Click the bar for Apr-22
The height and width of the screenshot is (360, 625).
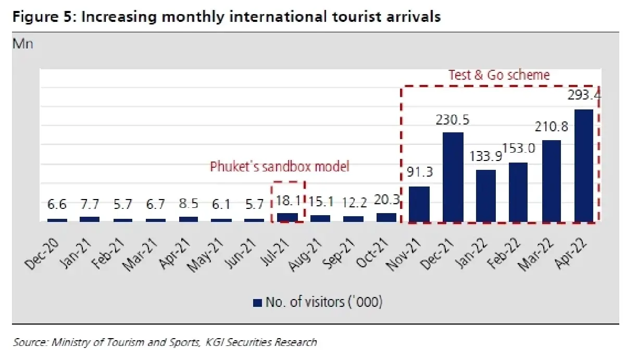[x=584, y=166]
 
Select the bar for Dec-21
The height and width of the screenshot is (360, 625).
[x=453, y=178]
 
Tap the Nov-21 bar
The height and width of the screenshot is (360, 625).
[x=419, y=204]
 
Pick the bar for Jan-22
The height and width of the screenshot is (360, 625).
[x=486, y=196]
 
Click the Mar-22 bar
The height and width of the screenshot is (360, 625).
[x=552, y=181]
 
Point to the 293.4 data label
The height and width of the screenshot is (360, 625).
[x=584, y=95]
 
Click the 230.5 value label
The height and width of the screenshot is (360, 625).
[x=453, y=120]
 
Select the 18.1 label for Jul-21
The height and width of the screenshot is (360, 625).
[x=288, y=201]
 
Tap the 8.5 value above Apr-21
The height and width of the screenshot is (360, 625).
[x=189, y=203]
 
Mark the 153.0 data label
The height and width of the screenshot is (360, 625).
[x=519, y=148]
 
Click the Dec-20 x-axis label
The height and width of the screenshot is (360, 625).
[x=42, y=254]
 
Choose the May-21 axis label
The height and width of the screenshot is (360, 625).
[x=205, y=255]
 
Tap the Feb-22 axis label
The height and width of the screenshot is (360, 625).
[x=503, y=254]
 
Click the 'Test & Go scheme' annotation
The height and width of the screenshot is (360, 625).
[x=499, y=76]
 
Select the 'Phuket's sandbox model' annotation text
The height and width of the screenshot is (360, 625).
[x=280, y=167]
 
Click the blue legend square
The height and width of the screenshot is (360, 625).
[x=257, y=303]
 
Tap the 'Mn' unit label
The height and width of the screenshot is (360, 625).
[x=23, y=44]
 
